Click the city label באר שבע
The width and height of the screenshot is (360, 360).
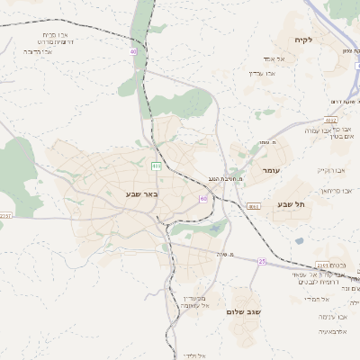tap(142, 193)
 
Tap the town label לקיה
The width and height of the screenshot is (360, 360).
tap(302, 40)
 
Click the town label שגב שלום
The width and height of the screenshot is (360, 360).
tap(242, 313)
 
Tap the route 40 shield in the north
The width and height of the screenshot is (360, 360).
tap(134, 51)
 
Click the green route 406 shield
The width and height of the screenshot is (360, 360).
tap(156, 166)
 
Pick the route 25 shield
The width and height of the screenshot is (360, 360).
tap(262, 261)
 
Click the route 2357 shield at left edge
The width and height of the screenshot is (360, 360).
tap(5, 216)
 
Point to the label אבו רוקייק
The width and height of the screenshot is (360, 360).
tap(330, 170)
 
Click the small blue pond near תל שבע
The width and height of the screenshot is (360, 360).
tap(299, 241)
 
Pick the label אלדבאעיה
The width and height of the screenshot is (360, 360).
tap(333, 332)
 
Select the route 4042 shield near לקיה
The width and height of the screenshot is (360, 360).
tap(331, 120)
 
